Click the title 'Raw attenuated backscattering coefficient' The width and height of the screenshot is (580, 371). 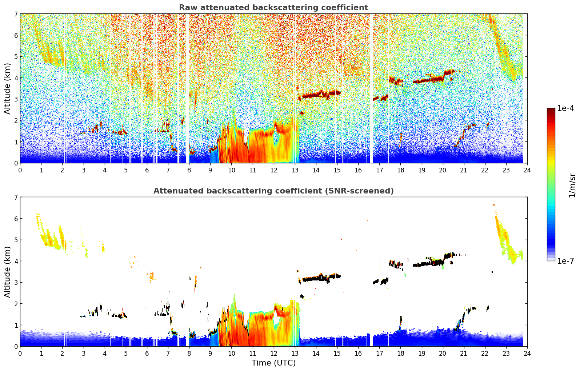273,8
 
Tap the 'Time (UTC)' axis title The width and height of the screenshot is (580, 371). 273,363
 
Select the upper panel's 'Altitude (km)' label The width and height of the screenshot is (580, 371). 7,88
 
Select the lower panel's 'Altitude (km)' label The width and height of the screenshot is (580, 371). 7,272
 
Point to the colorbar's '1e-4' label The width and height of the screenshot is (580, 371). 565,108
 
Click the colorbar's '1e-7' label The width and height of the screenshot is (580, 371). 565,261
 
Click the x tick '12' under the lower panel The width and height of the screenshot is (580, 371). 273,353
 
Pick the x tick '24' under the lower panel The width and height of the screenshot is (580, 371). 527,353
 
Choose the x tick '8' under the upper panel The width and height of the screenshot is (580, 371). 189,170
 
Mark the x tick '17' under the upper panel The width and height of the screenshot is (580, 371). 379,170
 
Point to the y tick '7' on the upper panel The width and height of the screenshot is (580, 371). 16,14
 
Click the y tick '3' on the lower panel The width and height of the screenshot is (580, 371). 16,282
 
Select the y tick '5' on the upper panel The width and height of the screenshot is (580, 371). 16,57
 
